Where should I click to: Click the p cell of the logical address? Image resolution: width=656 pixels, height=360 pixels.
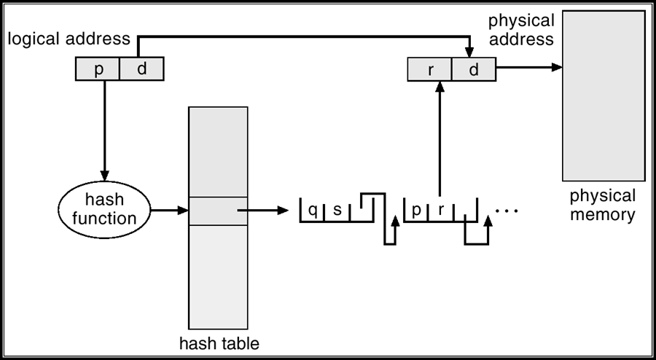[98, 69]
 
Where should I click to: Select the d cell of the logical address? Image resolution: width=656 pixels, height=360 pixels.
[142, 69]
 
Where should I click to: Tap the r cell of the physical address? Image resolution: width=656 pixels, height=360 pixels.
[430, 69]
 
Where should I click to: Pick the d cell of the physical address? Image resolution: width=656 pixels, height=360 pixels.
[474, 69]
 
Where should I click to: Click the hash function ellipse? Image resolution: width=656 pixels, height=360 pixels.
[104, 210]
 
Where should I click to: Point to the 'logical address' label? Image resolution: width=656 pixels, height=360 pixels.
[69, 39]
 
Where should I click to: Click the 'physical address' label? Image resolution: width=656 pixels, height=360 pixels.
[521, 30]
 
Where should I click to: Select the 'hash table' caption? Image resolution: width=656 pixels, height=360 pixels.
[219, 344]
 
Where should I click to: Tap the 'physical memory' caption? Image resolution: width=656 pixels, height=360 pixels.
[603, 206]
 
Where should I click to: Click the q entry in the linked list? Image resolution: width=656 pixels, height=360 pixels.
[313, 211]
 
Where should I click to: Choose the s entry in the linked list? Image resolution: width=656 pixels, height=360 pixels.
[337, 211]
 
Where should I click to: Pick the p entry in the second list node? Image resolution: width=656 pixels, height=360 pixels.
[416, 211]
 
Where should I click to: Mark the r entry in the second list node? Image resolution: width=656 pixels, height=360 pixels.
[440, 211]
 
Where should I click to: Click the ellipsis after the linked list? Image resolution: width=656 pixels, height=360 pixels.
[507, 211]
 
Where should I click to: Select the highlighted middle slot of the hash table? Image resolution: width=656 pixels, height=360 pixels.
[218, 211]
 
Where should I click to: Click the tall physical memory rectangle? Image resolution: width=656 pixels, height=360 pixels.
[604, 95]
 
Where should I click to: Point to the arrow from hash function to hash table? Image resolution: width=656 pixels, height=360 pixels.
[169, 210]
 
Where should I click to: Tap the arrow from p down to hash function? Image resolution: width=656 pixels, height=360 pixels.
[104, 130]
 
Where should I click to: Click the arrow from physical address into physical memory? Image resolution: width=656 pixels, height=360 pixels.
[529, 67]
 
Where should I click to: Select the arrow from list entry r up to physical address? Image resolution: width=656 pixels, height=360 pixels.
[440, 138]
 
